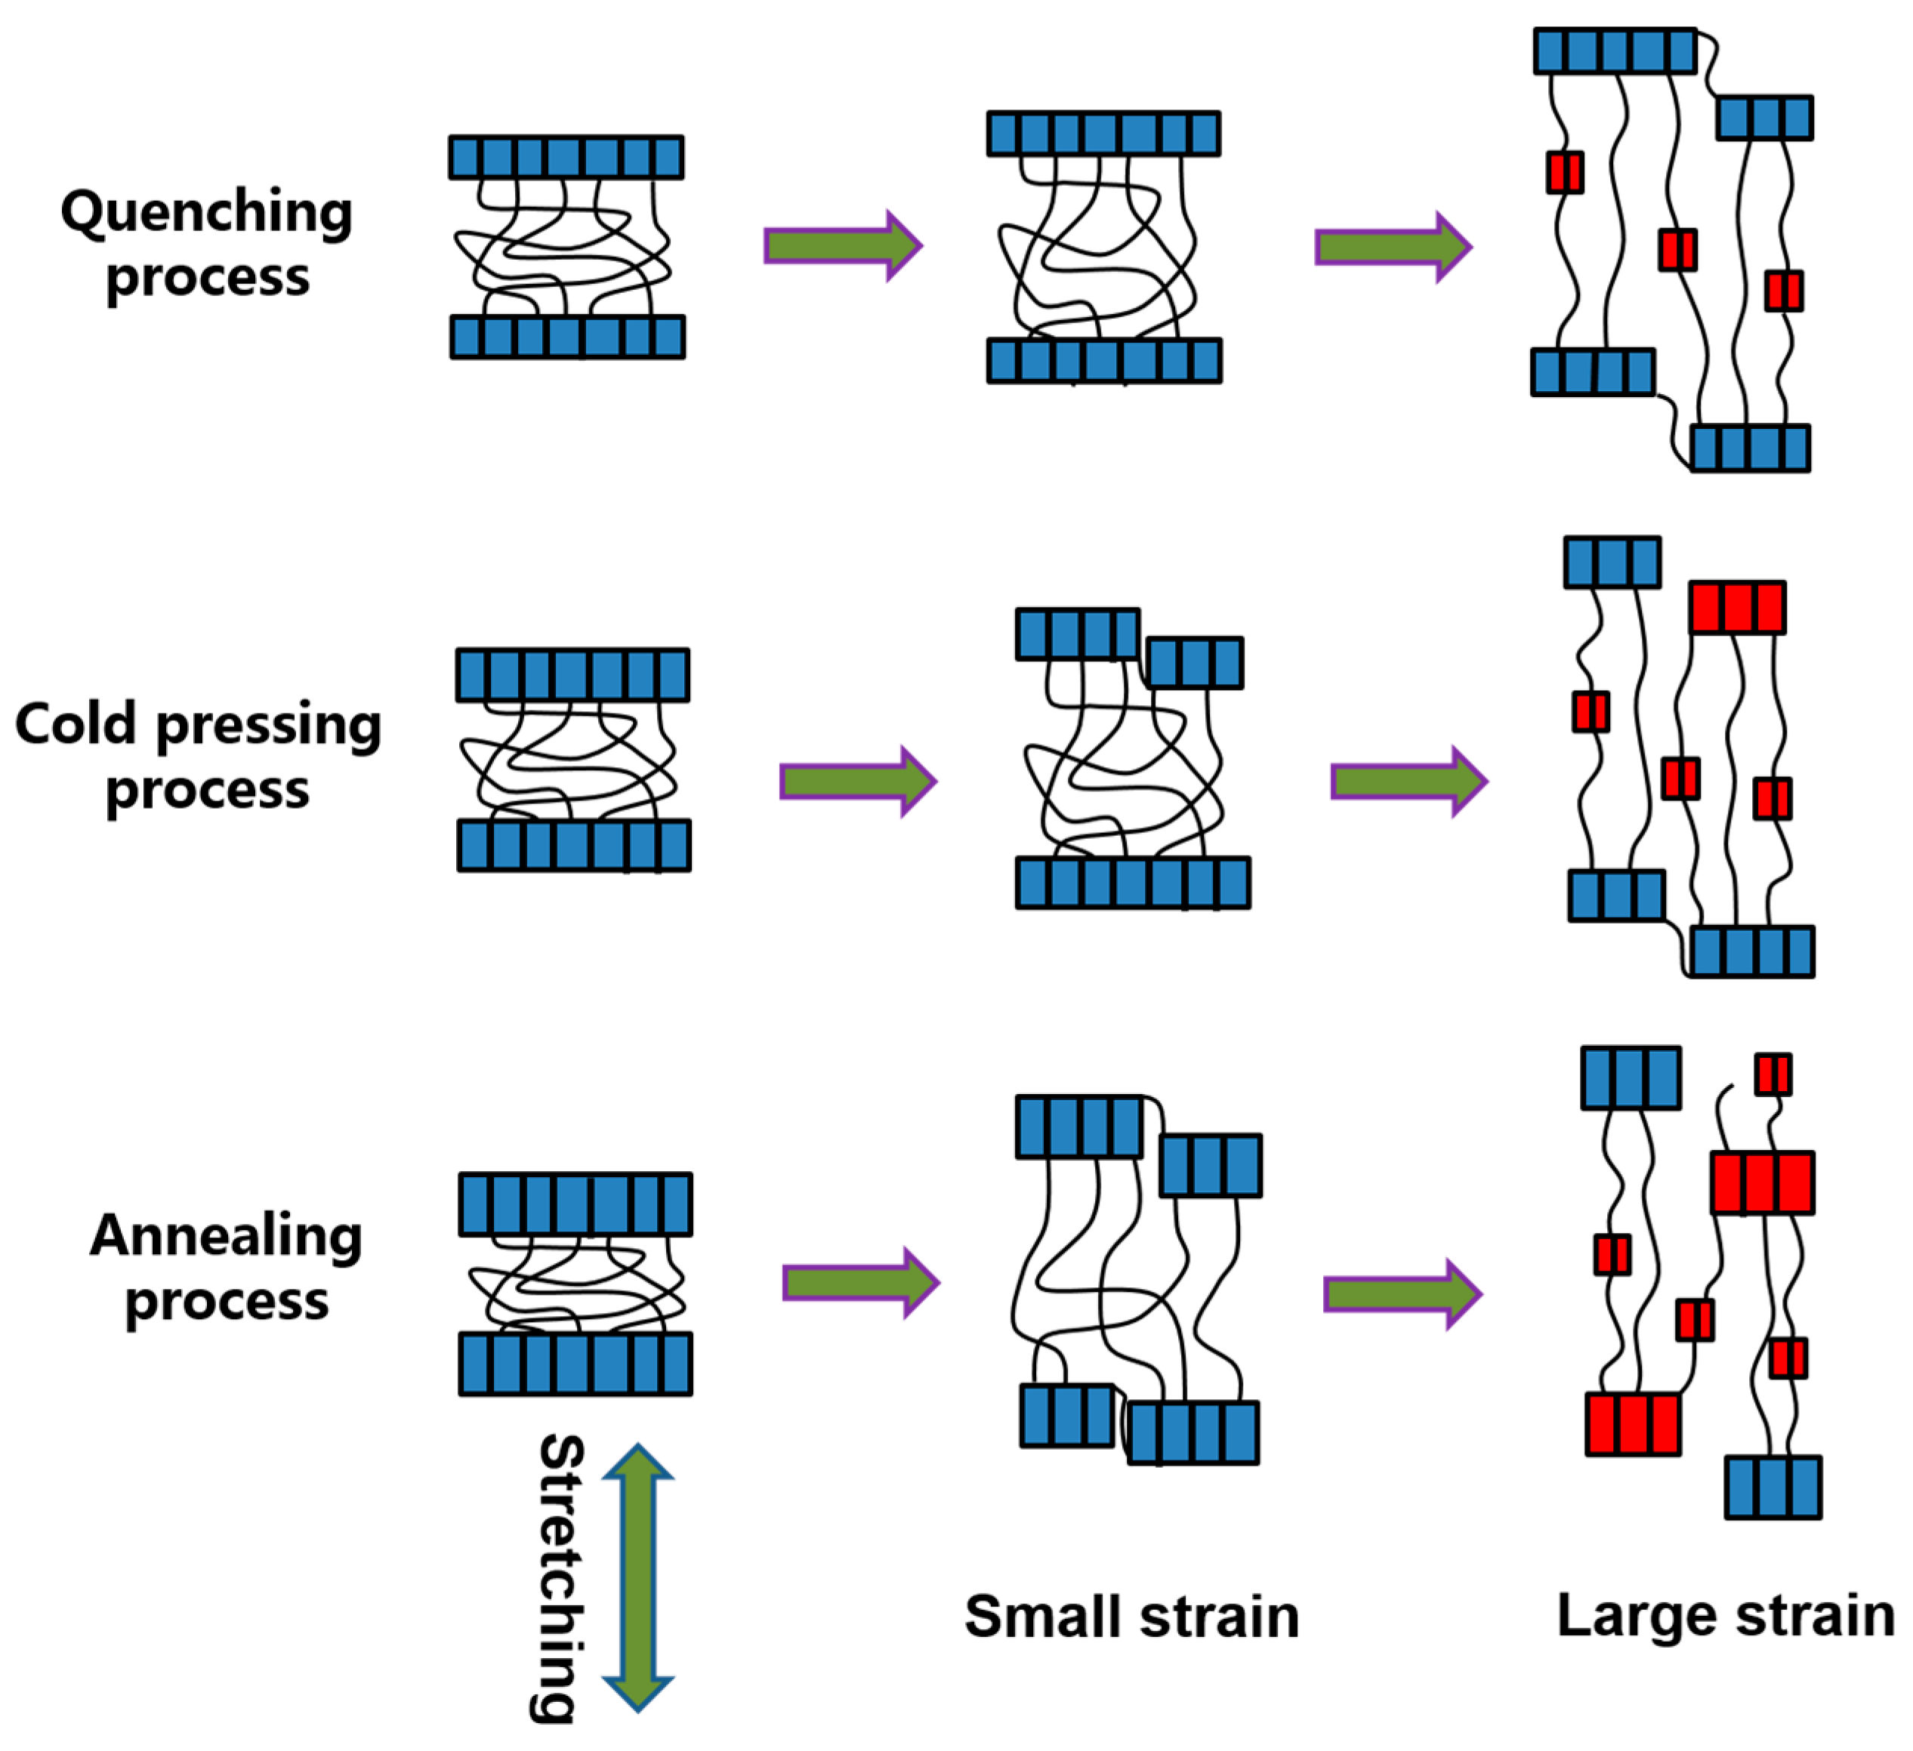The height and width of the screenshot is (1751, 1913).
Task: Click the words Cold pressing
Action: coord(197,726)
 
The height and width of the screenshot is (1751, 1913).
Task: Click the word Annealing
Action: coord(226,1237)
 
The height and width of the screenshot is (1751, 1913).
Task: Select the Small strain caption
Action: coord(1132,1617)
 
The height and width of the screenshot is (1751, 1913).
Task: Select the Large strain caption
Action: coord(1726,1615)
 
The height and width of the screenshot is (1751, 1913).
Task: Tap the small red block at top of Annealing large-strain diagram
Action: coord(1773,1074)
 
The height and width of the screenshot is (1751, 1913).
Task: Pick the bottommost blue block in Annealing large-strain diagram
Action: coord(1773,1487)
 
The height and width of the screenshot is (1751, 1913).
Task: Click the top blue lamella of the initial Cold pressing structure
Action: coord(573,675)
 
